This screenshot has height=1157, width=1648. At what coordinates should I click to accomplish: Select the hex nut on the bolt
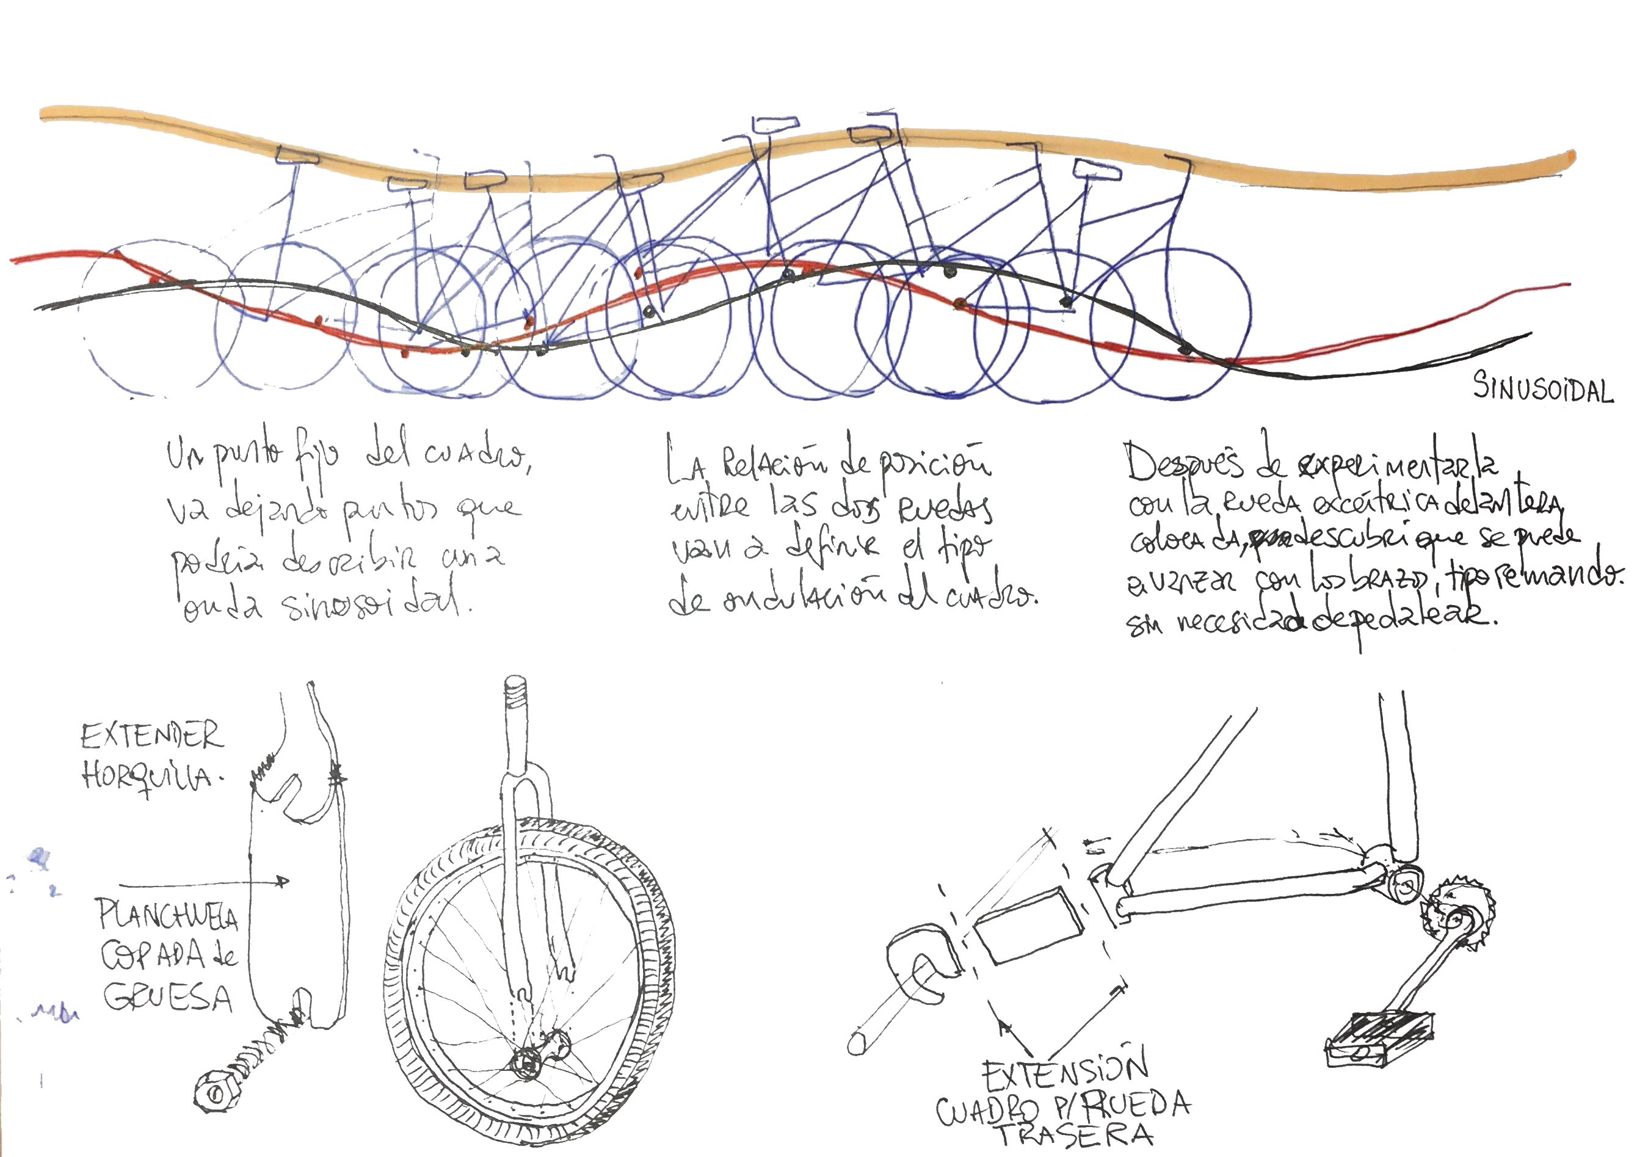pos(214,1095)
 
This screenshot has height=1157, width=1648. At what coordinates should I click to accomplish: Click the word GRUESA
pos(168,997)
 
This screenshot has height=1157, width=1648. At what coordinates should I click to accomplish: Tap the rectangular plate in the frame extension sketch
pos(1029,924)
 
